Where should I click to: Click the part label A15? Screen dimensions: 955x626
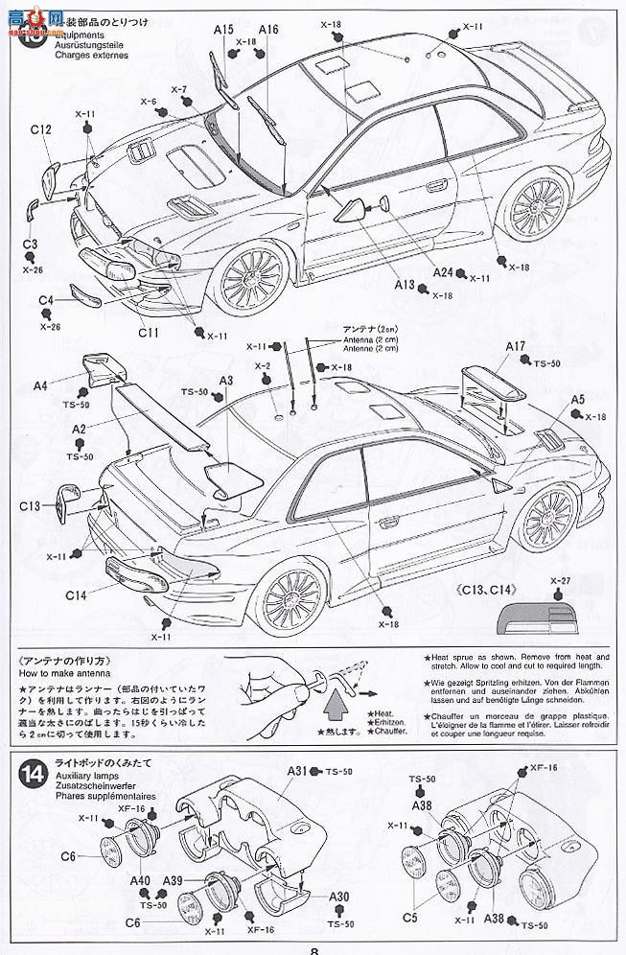tap(223, 31)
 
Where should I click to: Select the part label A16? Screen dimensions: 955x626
tap(267, 31)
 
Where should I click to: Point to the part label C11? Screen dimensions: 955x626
tap(148, 333)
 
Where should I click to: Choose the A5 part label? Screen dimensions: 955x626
tap(578, 400)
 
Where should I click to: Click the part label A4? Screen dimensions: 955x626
tap(39, 385)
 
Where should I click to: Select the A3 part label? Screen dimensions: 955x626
tap(226, 381)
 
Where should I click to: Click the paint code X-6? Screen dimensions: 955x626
tap(148, 101)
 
